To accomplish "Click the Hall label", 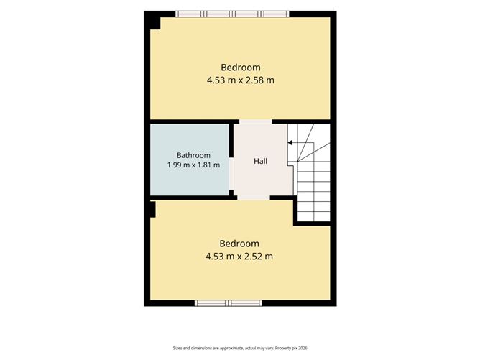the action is (x=260, y=161).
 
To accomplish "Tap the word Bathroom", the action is (x=193, y=155).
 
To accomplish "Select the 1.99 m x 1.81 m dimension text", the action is (x=193, y=165).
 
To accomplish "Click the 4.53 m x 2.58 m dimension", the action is (x=240, y=80).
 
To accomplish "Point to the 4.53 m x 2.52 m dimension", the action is (x=239, y=257).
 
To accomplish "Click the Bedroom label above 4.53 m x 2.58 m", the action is (x=241, y=68).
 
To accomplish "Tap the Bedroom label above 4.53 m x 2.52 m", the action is (x=239, y=244).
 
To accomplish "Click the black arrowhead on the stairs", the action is (x=290, y=143).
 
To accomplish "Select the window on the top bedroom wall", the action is (x=232, y=14).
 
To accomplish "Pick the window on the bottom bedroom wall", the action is (x=229, y=303).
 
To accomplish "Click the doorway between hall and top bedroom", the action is (x=255, y=122).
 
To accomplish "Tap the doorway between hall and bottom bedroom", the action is (x=254, y=198).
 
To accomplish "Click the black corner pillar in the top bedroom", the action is (x=155, y=23).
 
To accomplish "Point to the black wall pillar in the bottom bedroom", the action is (x=152, y=209).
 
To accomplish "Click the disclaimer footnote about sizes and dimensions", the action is (x=240, y=348).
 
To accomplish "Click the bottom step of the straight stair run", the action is (x=314, y=216).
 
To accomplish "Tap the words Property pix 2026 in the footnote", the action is (x=291, y=348).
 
